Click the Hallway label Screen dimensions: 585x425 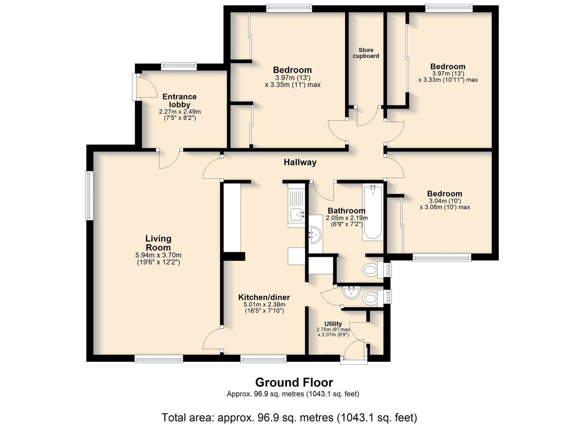300,162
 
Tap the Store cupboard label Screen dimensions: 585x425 366,53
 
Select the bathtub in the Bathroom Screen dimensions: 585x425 373,213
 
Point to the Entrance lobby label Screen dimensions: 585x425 180,100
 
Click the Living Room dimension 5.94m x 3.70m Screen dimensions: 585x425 158,255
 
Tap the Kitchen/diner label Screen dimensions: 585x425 264,297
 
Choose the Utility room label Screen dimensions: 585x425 333,324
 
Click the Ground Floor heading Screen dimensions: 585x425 294,383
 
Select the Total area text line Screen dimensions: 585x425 289,417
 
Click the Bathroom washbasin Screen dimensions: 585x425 315,235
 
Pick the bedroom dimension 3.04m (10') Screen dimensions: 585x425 445,201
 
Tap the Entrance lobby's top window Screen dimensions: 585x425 179,66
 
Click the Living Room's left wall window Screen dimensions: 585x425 89,196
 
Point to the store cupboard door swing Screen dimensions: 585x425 367,117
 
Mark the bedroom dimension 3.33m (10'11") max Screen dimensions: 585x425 448,80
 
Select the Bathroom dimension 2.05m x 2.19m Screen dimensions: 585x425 347,218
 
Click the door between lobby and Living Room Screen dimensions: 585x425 170,159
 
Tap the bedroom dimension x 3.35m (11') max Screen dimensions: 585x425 292,84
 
